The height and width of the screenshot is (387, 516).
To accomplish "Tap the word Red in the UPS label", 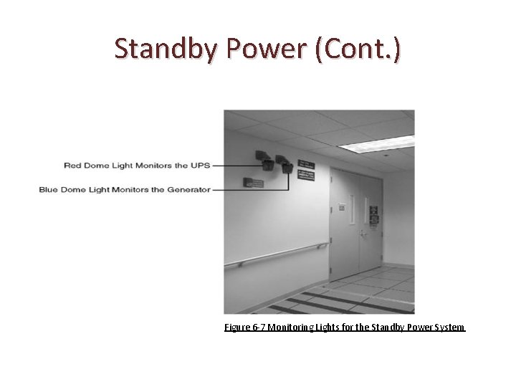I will click(x=72, y=166).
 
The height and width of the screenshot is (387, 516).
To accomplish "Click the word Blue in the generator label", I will click(x=48, y=190).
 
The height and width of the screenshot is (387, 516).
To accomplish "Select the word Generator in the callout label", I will click(x=188, y=190).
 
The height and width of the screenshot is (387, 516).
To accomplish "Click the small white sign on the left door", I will click(x=342, y=208).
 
